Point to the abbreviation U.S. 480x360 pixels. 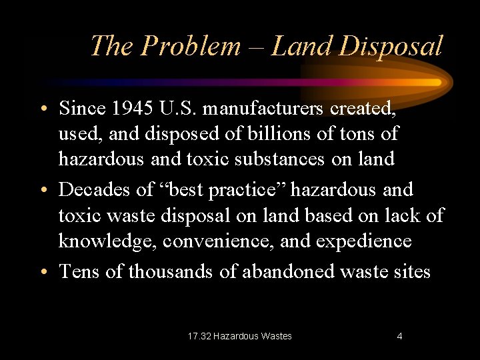coord(169,107)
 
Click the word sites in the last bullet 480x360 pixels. coord(411,271)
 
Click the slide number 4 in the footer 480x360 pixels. coord(399,336)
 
